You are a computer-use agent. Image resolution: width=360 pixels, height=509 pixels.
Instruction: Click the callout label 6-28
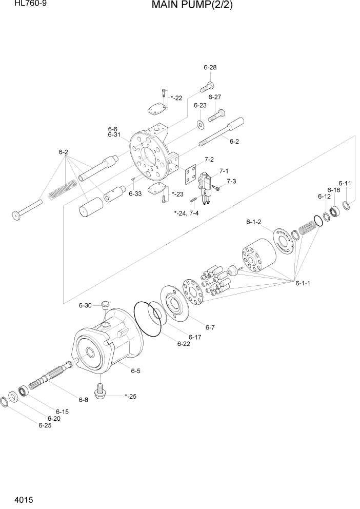pos(210,68)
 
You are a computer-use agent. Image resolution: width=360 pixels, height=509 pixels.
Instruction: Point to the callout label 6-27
pos(214,97)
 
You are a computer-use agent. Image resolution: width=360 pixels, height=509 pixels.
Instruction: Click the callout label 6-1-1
pos(303,283)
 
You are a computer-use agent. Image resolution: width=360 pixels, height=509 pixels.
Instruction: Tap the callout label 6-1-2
pos(254,222)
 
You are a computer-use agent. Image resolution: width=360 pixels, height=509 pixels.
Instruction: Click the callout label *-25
pos(131,396)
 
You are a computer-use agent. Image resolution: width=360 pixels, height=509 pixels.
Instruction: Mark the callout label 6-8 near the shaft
pos(83,400)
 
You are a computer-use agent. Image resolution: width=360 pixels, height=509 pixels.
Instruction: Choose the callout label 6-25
pos(45,424)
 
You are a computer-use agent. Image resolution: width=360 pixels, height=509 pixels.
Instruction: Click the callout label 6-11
pos(345,183)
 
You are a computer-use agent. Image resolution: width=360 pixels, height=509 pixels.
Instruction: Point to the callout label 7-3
pos(231,181)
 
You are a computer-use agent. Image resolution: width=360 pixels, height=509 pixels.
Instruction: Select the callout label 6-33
pos(135,193)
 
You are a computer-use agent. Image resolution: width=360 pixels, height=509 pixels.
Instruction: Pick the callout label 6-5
pos(136,370)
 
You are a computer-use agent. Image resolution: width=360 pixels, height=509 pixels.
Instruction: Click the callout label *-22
pos(176,97)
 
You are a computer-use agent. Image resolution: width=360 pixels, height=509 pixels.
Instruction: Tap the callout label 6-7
pos(210,327)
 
